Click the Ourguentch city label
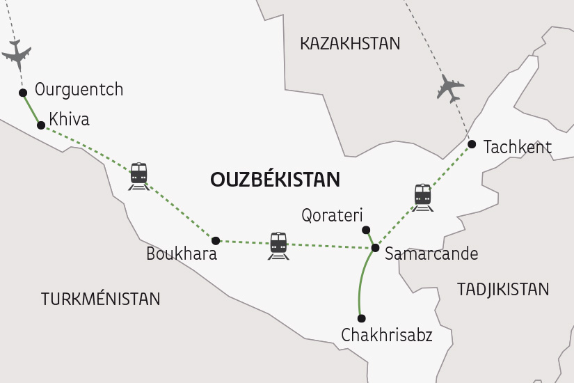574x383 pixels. (x=79, y=90)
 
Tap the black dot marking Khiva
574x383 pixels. (x=41, y=126)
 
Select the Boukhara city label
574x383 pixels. (x=182, y=254)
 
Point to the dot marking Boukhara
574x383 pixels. (x=216, y=240)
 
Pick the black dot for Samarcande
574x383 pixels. (x=375, y=248)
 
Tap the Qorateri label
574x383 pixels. (x=333, y=215)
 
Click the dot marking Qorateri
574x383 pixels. (x=366, y=230)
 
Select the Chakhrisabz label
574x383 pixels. (x=387, y=336)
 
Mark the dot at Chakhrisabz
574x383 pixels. (x=361, y=318)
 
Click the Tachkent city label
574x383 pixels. (x=517, y=147)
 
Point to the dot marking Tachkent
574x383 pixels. (x=472, y=144)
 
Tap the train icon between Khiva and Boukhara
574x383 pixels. (x=138, y=176)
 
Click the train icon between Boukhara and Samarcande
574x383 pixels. (x=278, y=246)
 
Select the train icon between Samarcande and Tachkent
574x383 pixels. (x=422, y=197)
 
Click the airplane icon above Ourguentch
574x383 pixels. (x=17, y=54)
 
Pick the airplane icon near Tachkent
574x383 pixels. (x=450, y=89)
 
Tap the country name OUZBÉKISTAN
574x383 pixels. (x=275, y=180)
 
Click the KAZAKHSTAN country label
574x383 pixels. (x=350, y=44)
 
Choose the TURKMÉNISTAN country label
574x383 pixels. (x=101, y=299)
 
